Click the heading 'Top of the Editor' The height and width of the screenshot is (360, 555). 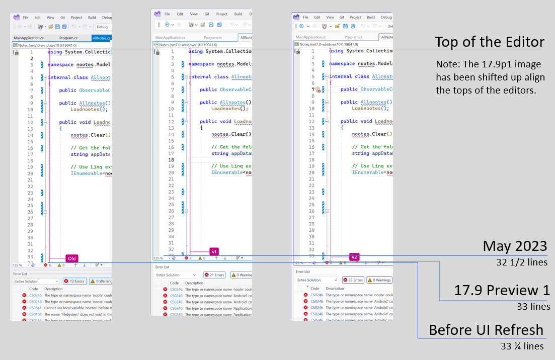[x=490, y=41]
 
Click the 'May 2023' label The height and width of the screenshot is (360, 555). [x=515, y=246]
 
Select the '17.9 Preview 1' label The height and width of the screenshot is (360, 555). [x=502, y=290]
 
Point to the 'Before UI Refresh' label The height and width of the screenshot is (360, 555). [x=486, y=330]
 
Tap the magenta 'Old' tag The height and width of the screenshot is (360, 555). [x=72, y=258]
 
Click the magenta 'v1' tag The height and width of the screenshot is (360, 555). [x=214, y=251]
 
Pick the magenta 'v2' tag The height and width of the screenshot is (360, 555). [x=354, y=257]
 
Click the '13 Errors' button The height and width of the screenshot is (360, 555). [x=74, y=281]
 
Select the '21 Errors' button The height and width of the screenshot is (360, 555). [x=215, y=275]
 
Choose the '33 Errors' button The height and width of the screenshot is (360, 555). [x=353, y=280]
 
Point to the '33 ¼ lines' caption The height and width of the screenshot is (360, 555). [x=523, y=346]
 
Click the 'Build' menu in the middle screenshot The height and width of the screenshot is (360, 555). [x=238, y=14]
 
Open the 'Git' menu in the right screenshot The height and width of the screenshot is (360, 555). [x=342, y=17]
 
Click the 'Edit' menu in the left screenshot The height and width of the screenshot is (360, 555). [x=37, y=18]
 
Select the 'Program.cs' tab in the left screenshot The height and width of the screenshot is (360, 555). [x=68, y=38]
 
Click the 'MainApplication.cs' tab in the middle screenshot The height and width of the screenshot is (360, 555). [x=171, y=38]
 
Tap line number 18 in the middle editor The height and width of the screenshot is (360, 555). [x=171, y=160]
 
